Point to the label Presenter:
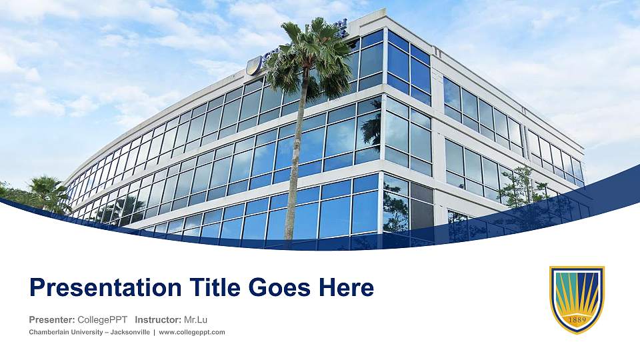pyautogui.click(x=51, y=319)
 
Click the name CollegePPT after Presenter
pyautogui.click(x=102, y=319)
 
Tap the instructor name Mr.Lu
pyautogui.click(x=196, y=319)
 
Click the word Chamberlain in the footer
pyautogui.click(x=49, y=332)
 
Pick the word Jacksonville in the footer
pyautogui.click(x=130, y=332)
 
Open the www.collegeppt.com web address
pyautogui.click(x=192, y=332)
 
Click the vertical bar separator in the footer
pyautogui.click(x=154, y=332)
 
